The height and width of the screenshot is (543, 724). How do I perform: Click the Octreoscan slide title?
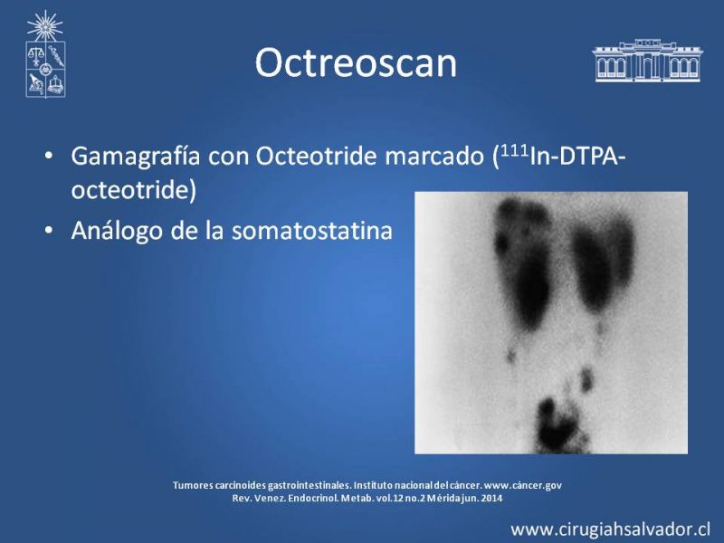tap(356, 62)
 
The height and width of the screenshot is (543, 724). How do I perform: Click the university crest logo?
tap(45, 54)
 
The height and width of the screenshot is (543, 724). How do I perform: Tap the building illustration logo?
tap(647, 61)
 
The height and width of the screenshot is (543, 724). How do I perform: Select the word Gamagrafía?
tap(136, 157)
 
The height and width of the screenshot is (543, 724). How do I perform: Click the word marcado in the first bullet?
tap(434, 156)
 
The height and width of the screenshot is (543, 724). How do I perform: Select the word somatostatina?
tap(312, 231)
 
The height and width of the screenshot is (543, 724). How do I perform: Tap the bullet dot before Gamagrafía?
tap(49, 156)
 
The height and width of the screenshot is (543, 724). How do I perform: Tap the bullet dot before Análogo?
tap(49, 230)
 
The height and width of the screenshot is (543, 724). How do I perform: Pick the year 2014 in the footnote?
tap(492, 499)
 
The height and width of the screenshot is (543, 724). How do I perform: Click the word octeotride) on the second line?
tap(134, 190)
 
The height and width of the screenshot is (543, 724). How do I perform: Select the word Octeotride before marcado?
tap(318, 156)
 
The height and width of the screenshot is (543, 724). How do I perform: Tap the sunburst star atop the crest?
tap(44, 26)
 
